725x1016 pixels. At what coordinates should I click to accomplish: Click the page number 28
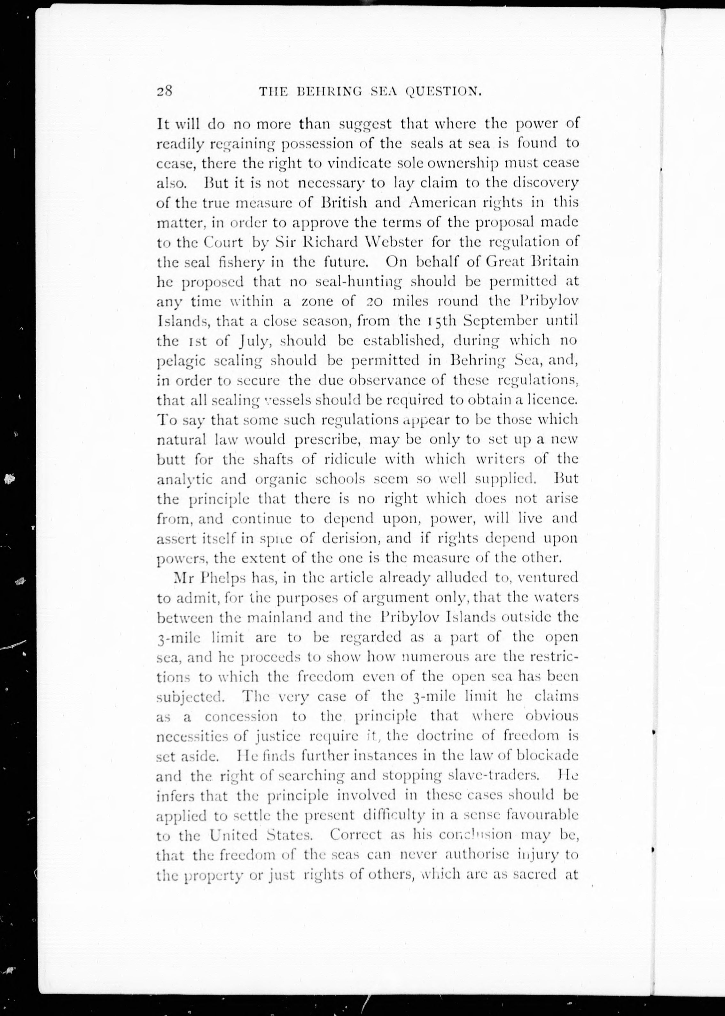tap(164, 91)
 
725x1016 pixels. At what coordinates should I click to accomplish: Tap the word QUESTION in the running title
tap(442, 92)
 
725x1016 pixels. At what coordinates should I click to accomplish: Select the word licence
tap(553, 400)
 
